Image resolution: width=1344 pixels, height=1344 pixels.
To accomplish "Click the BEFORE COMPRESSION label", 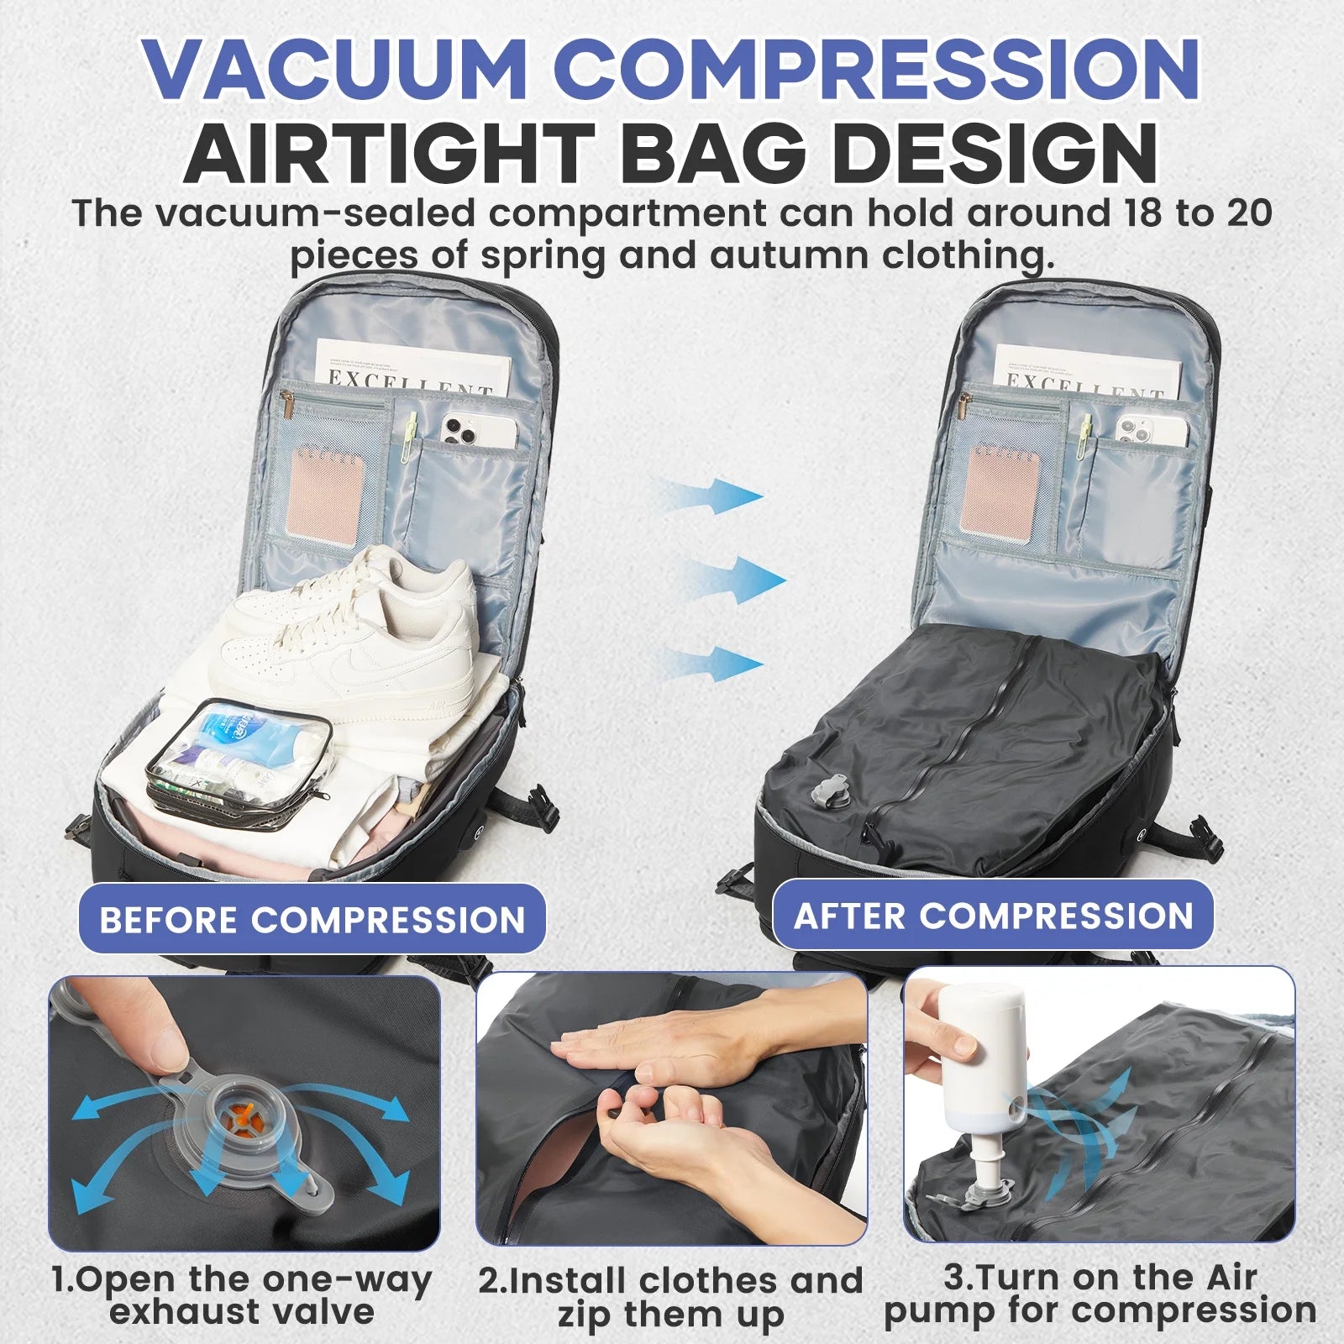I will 312,919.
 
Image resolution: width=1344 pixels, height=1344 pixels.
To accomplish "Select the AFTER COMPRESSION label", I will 993,915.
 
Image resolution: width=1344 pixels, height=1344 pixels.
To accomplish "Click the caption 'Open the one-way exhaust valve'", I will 242,1294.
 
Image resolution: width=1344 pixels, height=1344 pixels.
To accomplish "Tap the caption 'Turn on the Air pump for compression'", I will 1100,1294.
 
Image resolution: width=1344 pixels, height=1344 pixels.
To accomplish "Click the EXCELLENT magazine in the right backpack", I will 1084,370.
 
